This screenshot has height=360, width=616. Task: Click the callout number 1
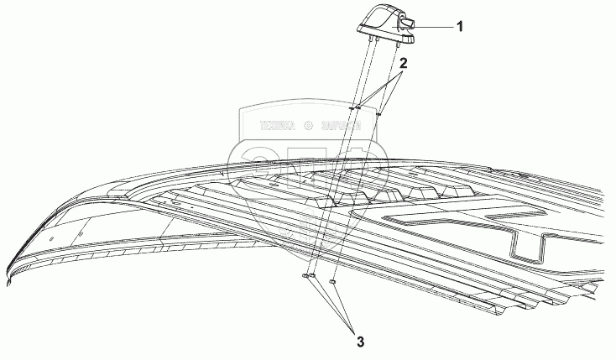coord(459,26)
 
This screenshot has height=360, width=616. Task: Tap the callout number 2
coord(404,63)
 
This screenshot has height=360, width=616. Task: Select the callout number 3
coord(361,342)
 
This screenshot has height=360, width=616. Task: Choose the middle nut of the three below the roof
coord(313,276)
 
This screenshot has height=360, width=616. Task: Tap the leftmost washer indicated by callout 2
coord(352,107)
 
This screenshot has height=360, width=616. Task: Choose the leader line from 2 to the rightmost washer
coord(392,91)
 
